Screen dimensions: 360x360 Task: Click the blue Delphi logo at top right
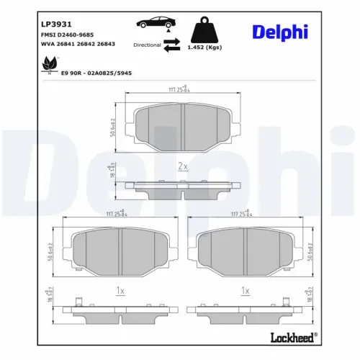tap(280, 32)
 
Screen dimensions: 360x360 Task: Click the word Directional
tap(147, 45)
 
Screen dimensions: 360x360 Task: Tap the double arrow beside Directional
tap(171, 45)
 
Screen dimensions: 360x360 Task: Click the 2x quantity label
tap(183, 166)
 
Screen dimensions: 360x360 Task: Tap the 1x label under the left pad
tap(120, 290)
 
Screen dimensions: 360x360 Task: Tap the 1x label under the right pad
tap(246, 290)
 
